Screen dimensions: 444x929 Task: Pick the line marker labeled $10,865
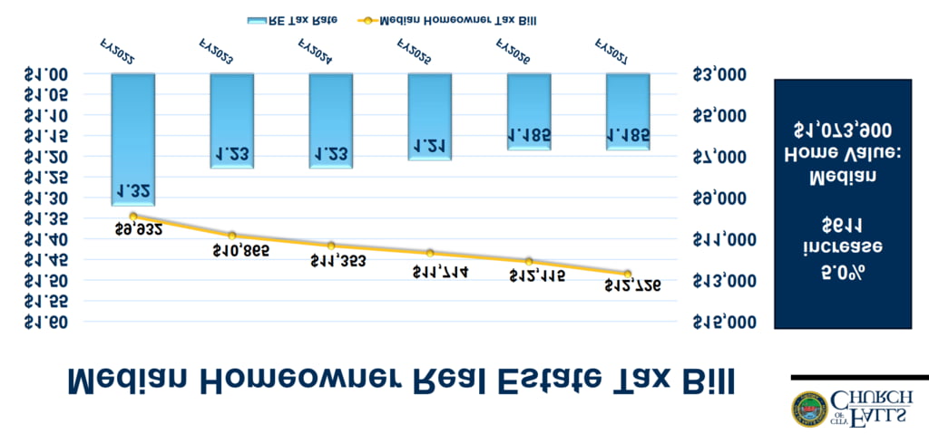232,236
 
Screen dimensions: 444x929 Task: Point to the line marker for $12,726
628,274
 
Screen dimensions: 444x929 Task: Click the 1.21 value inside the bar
430,145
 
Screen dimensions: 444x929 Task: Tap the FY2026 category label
513,50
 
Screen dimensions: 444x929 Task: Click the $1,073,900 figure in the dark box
841,130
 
